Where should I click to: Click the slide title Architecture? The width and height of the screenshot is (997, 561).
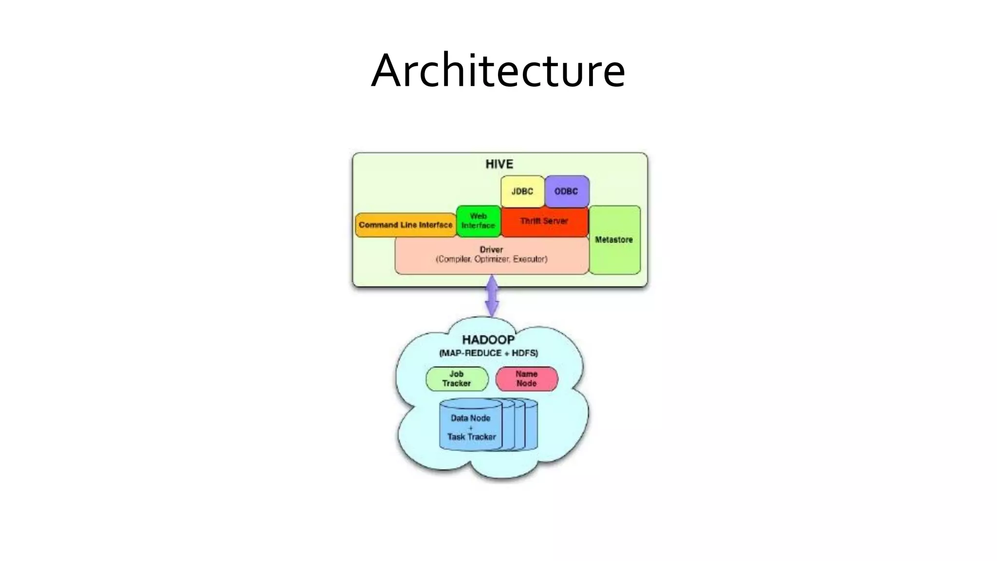pyautogui.click(x=498, y=71)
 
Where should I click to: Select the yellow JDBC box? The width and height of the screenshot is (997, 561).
pyautogui.click(x=522, y=191)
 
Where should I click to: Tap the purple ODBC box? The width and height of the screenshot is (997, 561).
pyautogui.click(x=567, y=191)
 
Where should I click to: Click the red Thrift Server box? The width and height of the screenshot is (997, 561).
pyautogui.click(x=544, y=222)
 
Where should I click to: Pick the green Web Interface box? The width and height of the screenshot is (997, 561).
pyautogui.click(x=478, y=221)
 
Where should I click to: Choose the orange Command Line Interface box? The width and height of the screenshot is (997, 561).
pyautogui.click(x=406, y=225)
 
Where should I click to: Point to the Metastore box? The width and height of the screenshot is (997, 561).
pyautogui.click(x=614, y=240)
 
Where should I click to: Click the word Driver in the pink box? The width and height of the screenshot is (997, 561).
pyautogui.click(x=491, y=249)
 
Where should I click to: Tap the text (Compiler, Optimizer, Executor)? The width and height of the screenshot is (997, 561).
pyautogui.click(x=491, y=259)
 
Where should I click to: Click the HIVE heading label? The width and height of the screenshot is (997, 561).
pyautogui.click(x=499, y=164)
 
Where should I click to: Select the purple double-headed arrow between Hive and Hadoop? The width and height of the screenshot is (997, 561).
pyautogui.click(x=492, y=296)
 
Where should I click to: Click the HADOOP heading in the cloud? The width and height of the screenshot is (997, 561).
pyautogui.click(x=488, y=340)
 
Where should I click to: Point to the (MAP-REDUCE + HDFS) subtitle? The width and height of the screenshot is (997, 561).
pyautogui.click(x=488, y=353)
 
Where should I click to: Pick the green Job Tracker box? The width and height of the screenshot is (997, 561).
pyautogui.click(x=457, y=379)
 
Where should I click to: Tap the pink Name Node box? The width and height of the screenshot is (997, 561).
pyautogui.click(x=527, y=379)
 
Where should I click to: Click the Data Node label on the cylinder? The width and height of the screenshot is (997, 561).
pyautogui.click(x=470, y=418)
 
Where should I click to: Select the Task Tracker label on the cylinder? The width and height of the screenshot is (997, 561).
pyautogui.click(x=471, y=437)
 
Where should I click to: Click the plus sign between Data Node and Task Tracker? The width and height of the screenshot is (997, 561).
pyautogui.click(x=471, y=428)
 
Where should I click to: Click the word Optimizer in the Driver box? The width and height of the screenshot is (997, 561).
pyautogui.click(x=492, y=259)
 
